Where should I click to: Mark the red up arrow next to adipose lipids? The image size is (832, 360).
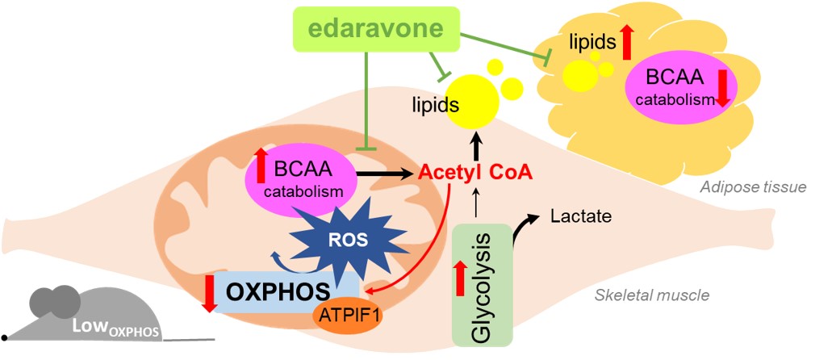click(625, 42)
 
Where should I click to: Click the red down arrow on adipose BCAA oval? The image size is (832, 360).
click(721, 89)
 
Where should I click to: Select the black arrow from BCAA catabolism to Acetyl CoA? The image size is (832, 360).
click(384, 172)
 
